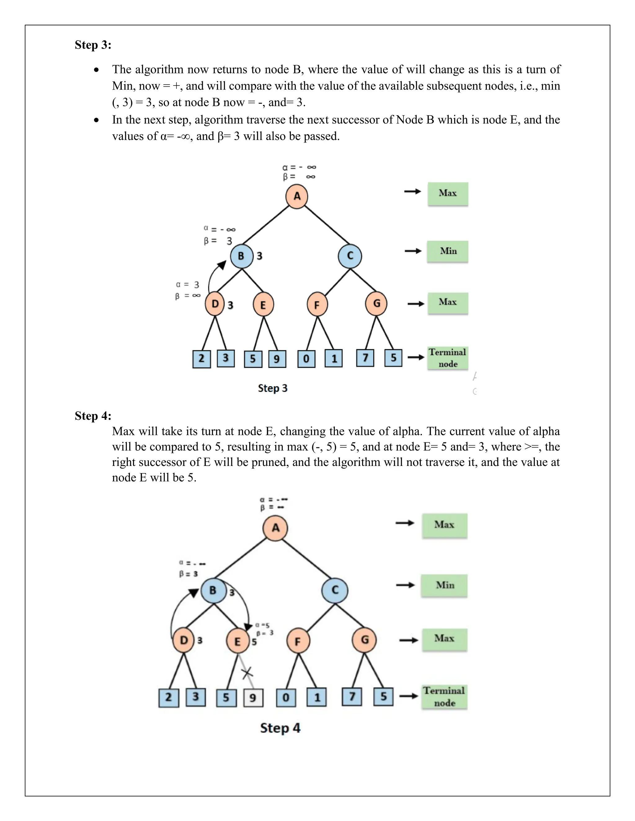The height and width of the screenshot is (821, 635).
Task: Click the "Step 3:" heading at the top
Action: coord(93,45)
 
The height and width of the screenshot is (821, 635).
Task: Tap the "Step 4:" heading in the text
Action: coord(93,415)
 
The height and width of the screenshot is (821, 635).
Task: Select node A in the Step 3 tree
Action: coord(297,196)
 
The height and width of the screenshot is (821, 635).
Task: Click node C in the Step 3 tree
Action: coord(350,256)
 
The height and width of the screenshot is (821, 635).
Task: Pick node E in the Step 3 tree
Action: coord(263,305)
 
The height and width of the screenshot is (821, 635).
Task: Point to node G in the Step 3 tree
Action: coord(376,303)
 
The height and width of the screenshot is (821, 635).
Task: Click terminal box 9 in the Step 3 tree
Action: coord(277,359)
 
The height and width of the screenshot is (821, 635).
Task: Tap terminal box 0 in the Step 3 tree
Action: coord(306,359)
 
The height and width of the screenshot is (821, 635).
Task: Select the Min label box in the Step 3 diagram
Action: coord(448,251)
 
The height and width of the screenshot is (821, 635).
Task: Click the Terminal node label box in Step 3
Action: coord(448,358)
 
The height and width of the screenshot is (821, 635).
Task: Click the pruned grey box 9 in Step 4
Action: coord(253,698)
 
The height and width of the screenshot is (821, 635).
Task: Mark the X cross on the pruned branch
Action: coord(247,673)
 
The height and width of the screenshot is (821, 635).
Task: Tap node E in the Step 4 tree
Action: coord(238,641)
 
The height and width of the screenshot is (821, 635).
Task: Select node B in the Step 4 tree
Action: coord(213,590)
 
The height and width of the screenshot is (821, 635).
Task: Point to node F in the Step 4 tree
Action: coord(298,641)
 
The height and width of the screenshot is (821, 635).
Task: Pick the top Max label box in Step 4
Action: coord(444,525)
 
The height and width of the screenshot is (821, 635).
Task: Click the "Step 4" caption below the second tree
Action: coord(280,728)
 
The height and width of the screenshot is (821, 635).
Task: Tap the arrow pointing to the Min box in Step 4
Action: coord(405,585)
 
